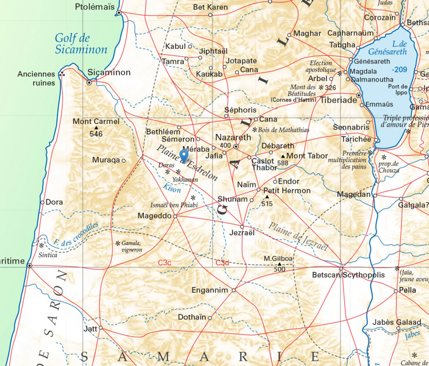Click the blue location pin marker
[x=184, y=156]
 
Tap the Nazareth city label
[x=233, y=138]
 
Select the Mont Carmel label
[x=96, y=121]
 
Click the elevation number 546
[x=96, y=134]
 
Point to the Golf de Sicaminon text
[x=81, y=44]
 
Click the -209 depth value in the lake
[x=400, y=69]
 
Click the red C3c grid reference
[x=164, y=262]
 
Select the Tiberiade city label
[x=339, y=100]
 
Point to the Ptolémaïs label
[x=95, y=7]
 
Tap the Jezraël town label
[x=242, y=234]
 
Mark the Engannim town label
[x=209, y=290]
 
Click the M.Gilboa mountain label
[x=278, y=259]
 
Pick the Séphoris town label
[x=240, y=110]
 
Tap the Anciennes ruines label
[x=36, y=79]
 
